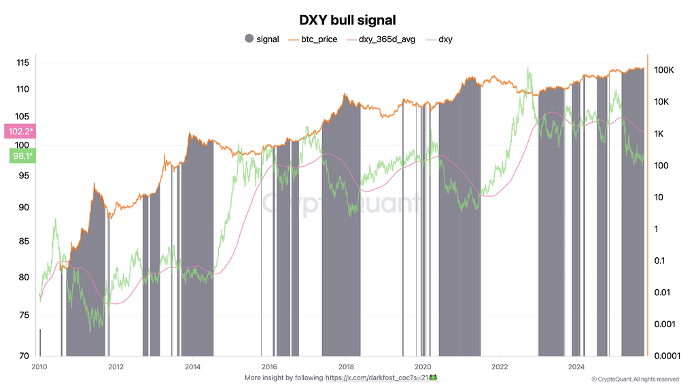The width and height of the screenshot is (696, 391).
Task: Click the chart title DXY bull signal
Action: point(347,21)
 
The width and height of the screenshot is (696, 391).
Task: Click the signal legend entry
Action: point(262,39)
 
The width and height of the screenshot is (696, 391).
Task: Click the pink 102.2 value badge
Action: point(21,131)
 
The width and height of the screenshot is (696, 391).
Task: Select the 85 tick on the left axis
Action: point(24,240)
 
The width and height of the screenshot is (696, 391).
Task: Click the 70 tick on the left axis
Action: point(24,355)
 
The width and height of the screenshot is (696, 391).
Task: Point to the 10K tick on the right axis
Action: point(661,102)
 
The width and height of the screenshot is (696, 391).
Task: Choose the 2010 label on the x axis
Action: point(39,367)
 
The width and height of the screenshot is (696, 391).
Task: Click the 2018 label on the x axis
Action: point(345,367)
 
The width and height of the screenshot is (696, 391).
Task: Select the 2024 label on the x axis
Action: point(576,367)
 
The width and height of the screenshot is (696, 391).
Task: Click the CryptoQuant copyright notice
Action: point(634,379)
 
